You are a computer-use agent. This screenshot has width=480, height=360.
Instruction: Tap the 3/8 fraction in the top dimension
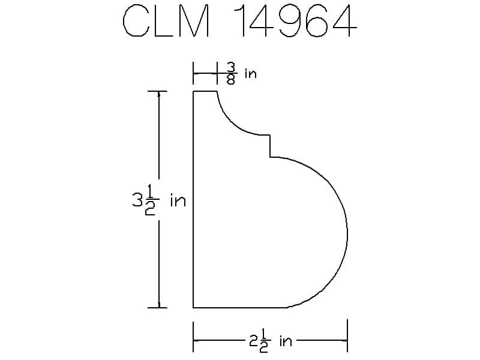[231, 73]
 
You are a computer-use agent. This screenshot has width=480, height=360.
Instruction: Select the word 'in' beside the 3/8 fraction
[250, 74]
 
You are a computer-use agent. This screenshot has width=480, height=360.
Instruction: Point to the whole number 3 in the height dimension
[136, 200]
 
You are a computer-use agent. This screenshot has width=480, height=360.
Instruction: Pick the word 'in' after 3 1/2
[178, 200]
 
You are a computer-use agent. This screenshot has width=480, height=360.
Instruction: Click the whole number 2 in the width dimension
[253, 341]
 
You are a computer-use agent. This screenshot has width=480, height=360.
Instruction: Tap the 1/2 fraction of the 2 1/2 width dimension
[264, 340]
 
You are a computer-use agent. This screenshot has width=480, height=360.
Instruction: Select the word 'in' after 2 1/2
[286, 341]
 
